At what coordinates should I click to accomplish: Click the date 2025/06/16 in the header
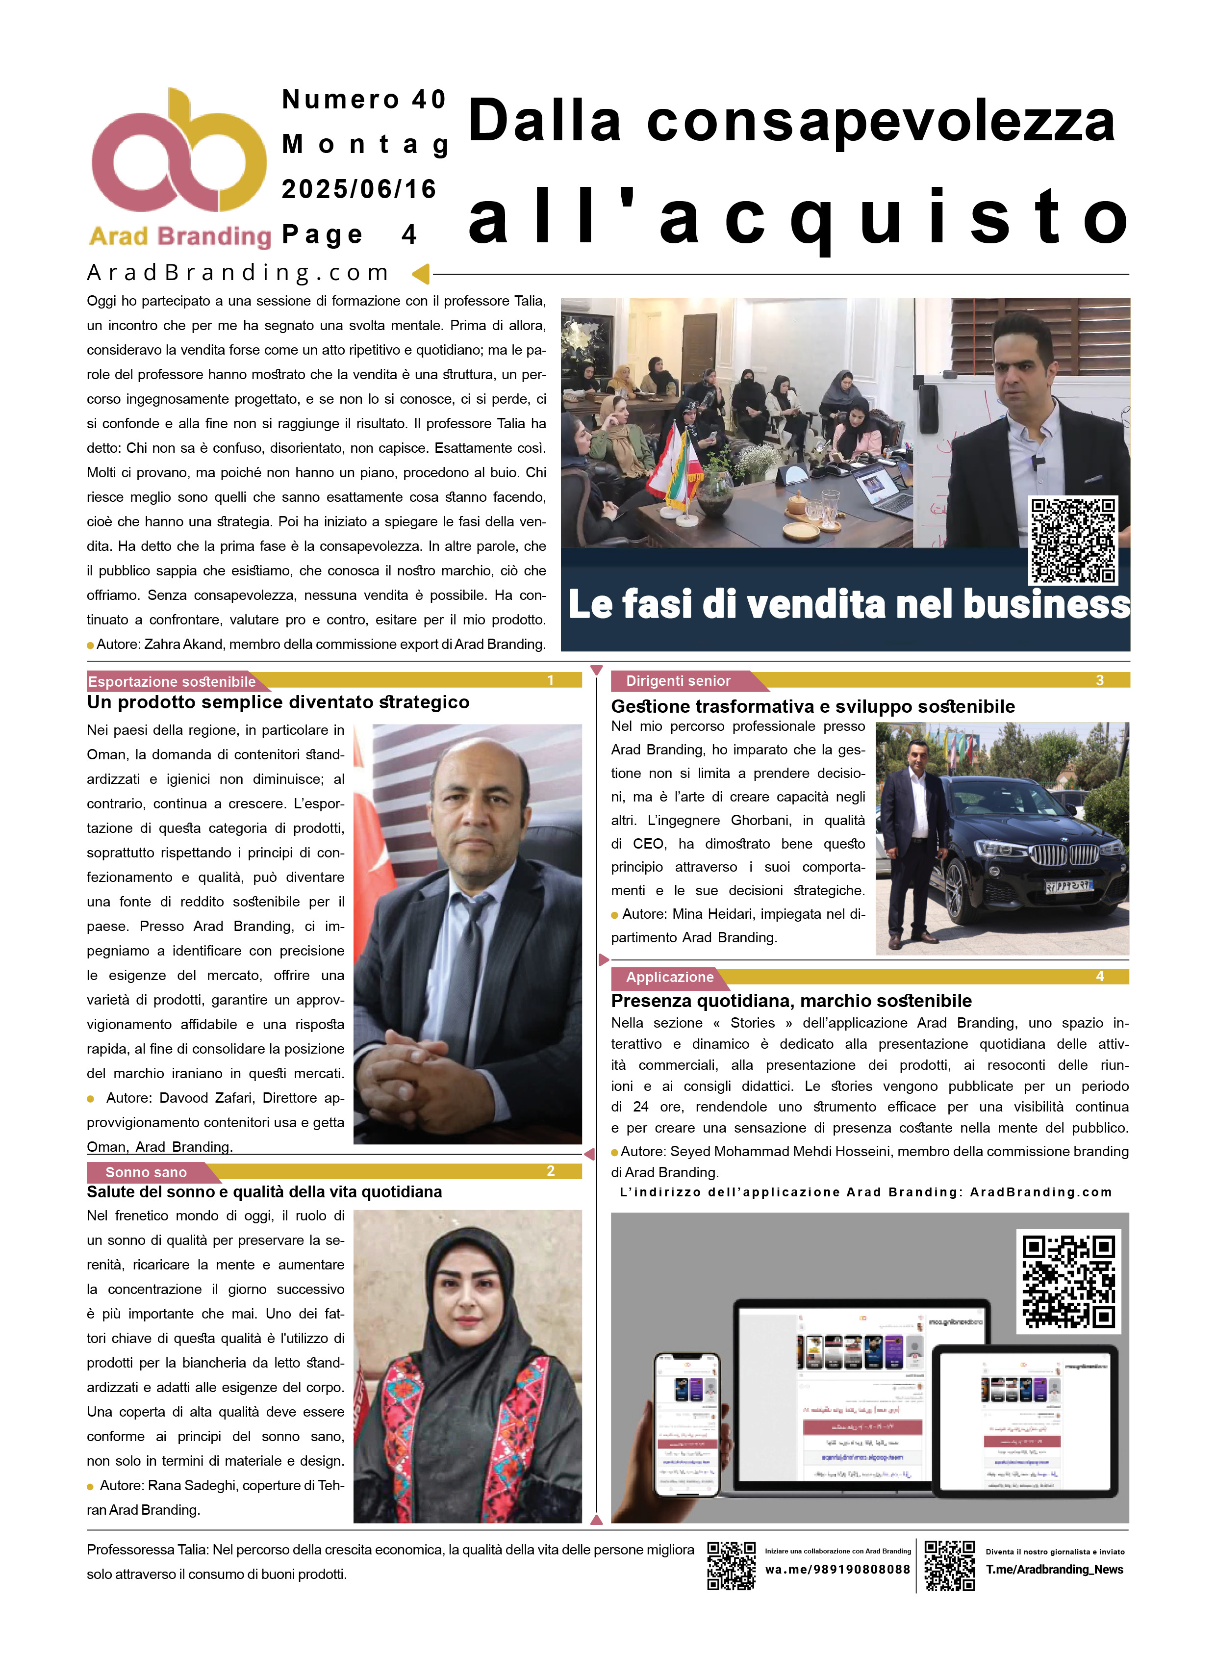pyautogui.click(x=359, y=190)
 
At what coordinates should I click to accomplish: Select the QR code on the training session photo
pyautogui.click(x=1073, y=541)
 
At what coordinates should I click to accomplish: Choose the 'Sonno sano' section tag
pyautogui.click(x=146, y=1172)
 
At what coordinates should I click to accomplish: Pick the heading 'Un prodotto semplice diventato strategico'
pyautogui.click(x=278, y=702)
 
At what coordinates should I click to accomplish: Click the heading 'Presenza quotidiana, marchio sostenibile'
pyautogui.click(x=791, y=1001)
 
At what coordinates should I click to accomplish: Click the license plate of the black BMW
pyautogui.click(x=1068, y=885)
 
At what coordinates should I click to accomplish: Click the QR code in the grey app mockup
pyautogui.click(x=1068, y=1282)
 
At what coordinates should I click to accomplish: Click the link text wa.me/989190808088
pyautogui.click(x=837, y=1569)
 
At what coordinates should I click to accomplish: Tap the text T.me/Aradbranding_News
pyautogui.click(x=1054, y=1569)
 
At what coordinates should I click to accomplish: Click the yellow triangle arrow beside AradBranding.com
pyautogui.click(x=421, y=274)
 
